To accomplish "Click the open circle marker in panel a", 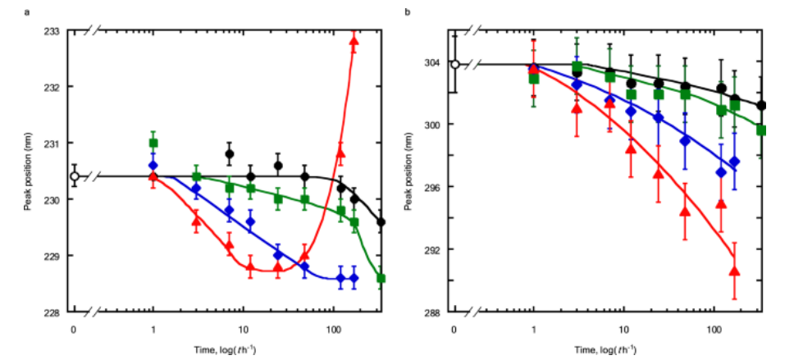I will tap(75, 175).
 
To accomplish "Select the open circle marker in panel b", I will tap(455, 65).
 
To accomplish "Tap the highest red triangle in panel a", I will tap(354, 41).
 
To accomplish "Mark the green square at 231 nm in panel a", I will tap(153, 143).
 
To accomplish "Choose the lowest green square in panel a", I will tap(381, 278).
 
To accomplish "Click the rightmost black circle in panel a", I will tap(381, 221).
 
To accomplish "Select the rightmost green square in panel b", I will tap(761, 130).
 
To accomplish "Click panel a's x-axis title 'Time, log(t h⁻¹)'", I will tap(222, 349).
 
